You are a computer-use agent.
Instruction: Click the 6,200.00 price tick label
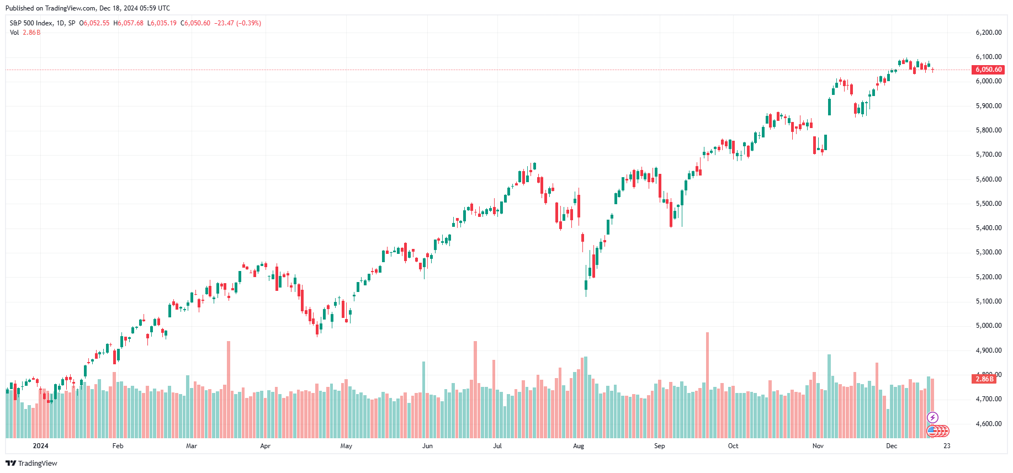click(988, 33)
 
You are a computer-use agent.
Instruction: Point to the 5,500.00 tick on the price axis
click(988, 204)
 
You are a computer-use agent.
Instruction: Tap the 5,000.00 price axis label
click(988, 326)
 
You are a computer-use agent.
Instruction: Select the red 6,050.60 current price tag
click(988, 70)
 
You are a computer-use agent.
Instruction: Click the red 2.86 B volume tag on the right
click(984, 379)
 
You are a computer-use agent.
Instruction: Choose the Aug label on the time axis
click(578, 446)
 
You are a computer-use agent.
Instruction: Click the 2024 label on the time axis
click(40, 446)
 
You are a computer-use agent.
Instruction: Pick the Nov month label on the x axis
click(818, 446)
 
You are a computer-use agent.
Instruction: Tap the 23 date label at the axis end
click(947, 446)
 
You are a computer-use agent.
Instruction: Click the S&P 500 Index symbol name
click(31, 23)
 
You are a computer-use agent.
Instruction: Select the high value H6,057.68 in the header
click(128, 23)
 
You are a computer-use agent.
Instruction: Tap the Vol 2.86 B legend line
click(25, 33)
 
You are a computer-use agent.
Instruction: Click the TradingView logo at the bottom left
click(31, 463)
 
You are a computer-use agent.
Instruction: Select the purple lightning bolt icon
click(932, 417)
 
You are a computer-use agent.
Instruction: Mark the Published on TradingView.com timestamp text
click(88, 8)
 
